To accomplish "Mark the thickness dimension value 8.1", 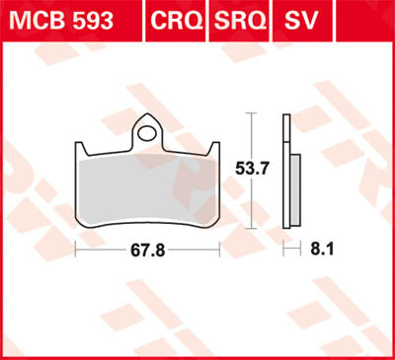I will (322, 252).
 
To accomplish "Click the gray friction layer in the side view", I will (293, 192).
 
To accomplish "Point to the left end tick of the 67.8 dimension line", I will (75, 251).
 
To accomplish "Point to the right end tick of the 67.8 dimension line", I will (218, 251).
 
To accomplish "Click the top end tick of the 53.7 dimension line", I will (251, 115).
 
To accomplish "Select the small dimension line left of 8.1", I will (290, 251).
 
